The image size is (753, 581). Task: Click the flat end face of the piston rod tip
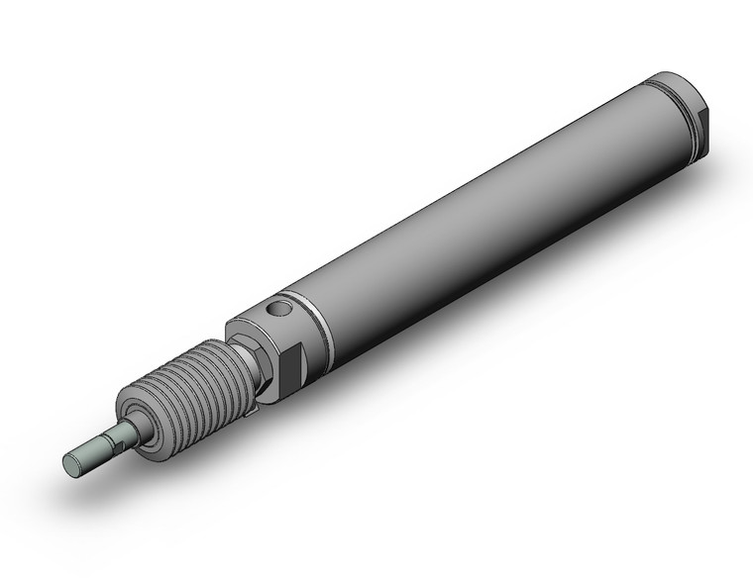pos(71,461)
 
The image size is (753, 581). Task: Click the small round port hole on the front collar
pos(281,312)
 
